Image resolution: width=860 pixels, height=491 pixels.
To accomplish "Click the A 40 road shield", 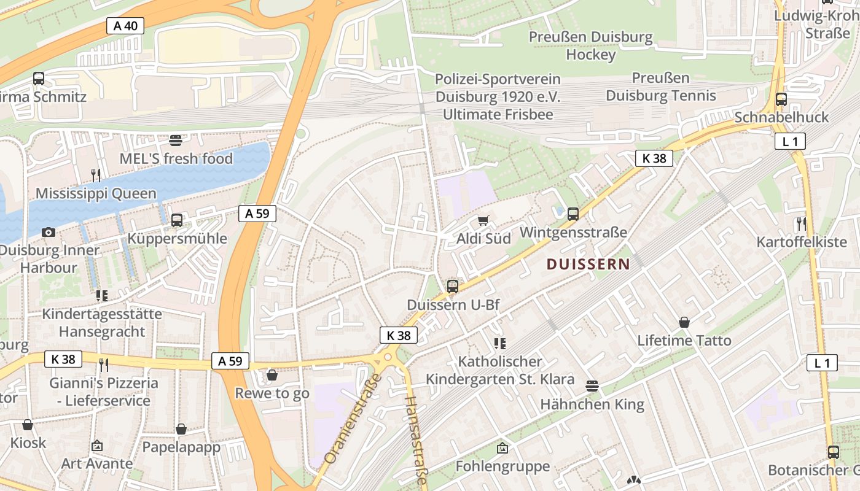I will click(x=125, y=25).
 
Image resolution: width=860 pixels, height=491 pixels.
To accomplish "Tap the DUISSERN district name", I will click(x=588, y=265).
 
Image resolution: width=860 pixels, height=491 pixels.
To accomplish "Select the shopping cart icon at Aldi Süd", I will click(x=483, y=220).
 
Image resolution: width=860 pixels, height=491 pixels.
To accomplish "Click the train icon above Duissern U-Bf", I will click(x=453, y=286).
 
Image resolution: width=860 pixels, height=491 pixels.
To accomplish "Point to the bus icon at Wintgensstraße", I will click(x=573, y=214).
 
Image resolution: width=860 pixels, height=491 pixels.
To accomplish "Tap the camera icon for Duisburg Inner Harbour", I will click(x=49, y=232).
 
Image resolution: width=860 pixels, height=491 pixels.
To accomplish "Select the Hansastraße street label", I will click(x=414, y=441).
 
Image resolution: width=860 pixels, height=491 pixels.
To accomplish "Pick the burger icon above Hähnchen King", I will click(x=592, y=385).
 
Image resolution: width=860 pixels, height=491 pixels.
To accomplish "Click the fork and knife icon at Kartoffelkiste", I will click(x=801, y=223).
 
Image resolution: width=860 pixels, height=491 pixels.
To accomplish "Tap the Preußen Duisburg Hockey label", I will click(x=590, y=46).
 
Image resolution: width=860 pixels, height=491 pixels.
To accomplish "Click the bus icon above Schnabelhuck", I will click(x=781, y=99).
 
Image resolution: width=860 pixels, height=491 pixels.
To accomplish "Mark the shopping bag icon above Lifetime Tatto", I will click(x=684, y=322).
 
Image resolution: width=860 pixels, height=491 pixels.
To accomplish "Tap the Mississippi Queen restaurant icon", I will click(x=96, y=176).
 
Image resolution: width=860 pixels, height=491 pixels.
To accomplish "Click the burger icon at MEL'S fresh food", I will click(x=176, y=140).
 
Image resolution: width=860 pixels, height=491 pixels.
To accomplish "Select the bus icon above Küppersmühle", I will click(x=177, y=220).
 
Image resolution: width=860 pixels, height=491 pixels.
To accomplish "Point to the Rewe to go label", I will click(x=272, y=393).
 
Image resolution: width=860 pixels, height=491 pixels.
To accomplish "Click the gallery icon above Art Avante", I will click(x=96, y=445).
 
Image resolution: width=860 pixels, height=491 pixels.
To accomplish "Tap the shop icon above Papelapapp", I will click(x=181, y=429).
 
